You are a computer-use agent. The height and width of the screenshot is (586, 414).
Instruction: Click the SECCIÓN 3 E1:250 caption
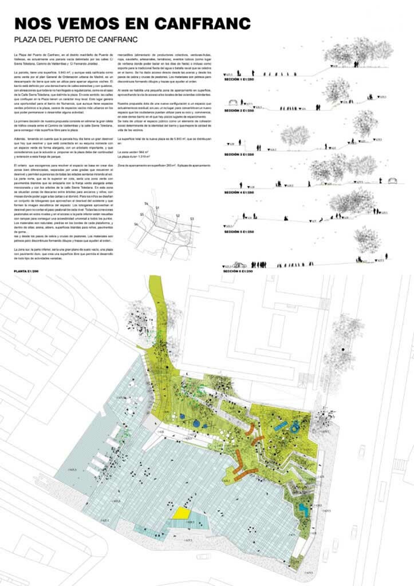(x=242, y=155)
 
